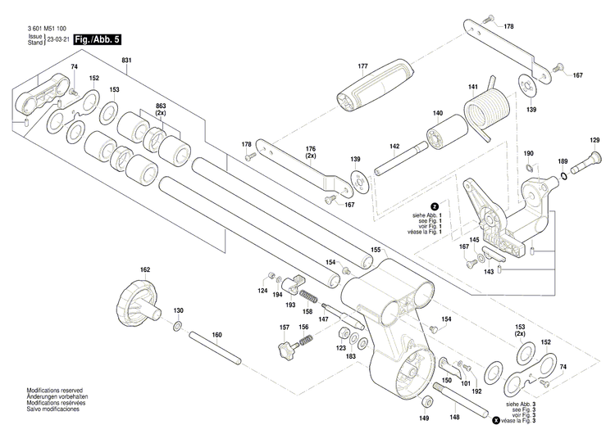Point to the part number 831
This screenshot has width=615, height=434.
click(126, 61)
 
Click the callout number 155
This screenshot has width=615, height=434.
click(376, 250)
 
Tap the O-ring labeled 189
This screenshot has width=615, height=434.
click(563, 174)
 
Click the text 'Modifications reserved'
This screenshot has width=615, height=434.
click(54, 391)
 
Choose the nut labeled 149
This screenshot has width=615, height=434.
click(428, 402)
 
